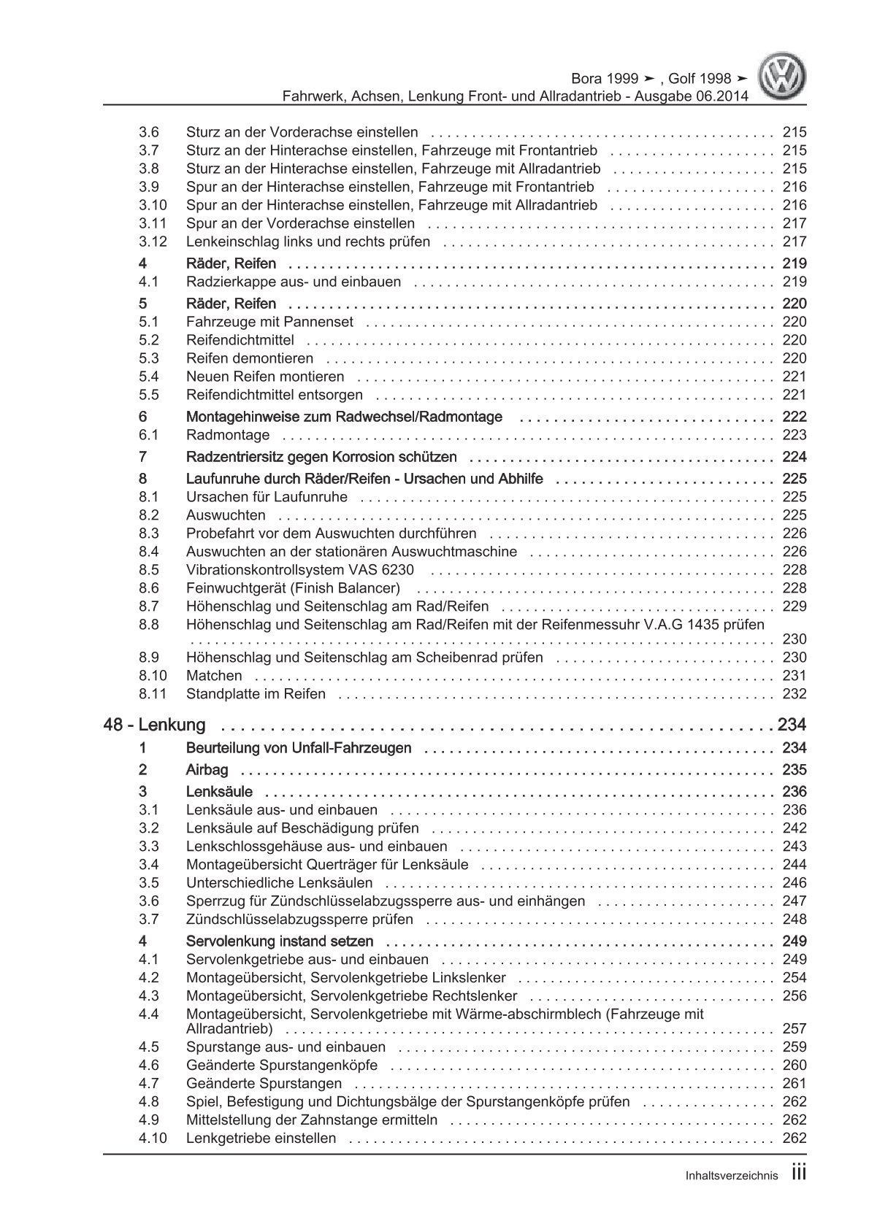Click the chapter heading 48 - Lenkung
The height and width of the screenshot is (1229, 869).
tap(155, 725)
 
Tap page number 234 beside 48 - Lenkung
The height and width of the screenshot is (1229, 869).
tap(791, 725)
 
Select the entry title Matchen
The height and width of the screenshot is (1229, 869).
tap(214, 676)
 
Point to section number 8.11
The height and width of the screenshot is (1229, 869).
tap(152, 694)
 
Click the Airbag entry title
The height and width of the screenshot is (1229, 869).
tap(207, 770)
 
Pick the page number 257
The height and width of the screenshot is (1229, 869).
tap(794, 1029)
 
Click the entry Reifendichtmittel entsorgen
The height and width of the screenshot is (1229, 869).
tap(275, 395)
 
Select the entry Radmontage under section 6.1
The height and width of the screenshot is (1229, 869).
tap(228, 435)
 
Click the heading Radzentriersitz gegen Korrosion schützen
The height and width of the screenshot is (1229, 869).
tap(322, 457)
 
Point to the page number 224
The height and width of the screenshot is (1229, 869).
tap(794, 457)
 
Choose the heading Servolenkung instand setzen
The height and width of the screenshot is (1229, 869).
tap(280, 941)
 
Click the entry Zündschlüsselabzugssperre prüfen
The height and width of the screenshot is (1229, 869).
tap(299, 920)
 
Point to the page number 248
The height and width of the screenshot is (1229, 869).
tap(794, 920)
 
